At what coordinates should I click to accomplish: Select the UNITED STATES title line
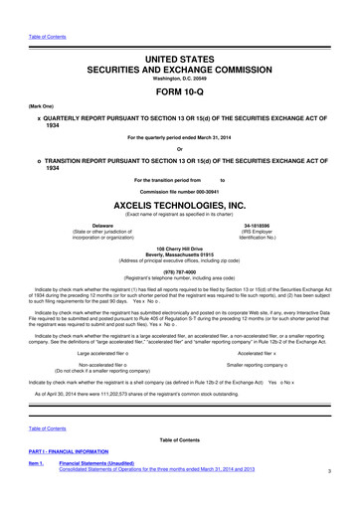click(x=180, y=33)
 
